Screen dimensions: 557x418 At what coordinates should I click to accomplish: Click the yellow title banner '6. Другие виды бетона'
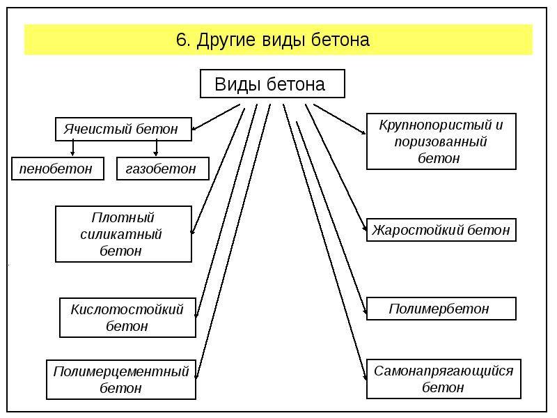[x=278, y=40]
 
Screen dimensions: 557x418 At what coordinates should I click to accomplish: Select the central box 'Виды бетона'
[x=272, y=84]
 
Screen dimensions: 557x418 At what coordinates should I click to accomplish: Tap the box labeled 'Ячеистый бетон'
[x=123, y=129]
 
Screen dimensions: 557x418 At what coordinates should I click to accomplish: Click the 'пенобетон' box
[x=58, y=169]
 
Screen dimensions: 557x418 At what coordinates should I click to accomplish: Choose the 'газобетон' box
[x=163, y=169]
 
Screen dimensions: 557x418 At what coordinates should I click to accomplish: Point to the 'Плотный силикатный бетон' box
[x=123, y=234]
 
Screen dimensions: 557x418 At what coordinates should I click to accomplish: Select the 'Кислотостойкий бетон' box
[x=127, y=318]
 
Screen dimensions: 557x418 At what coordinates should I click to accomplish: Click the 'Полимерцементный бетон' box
[x=121, y=380]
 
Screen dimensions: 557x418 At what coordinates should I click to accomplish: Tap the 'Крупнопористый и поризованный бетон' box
[x=441, y=141]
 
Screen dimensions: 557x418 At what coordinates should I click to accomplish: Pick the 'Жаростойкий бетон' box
[x=441, y=230]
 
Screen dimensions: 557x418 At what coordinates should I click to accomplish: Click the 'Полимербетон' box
[x=441, y=309]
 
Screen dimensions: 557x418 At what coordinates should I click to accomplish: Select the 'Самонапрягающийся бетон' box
[x=444, y=379]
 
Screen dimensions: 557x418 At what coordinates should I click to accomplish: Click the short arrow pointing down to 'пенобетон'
[x=73, y=147]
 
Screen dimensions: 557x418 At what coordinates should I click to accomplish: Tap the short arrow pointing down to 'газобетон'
[x=156, y=147]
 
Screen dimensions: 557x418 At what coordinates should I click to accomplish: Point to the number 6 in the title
[x=181, y=40]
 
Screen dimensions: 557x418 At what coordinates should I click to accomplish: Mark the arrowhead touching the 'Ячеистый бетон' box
[x=194, y=128]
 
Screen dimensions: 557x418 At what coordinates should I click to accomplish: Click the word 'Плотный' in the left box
[x=123, y=217]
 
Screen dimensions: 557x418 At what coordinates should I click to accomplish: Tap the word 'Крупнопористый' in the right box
[x=436, y=125]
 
